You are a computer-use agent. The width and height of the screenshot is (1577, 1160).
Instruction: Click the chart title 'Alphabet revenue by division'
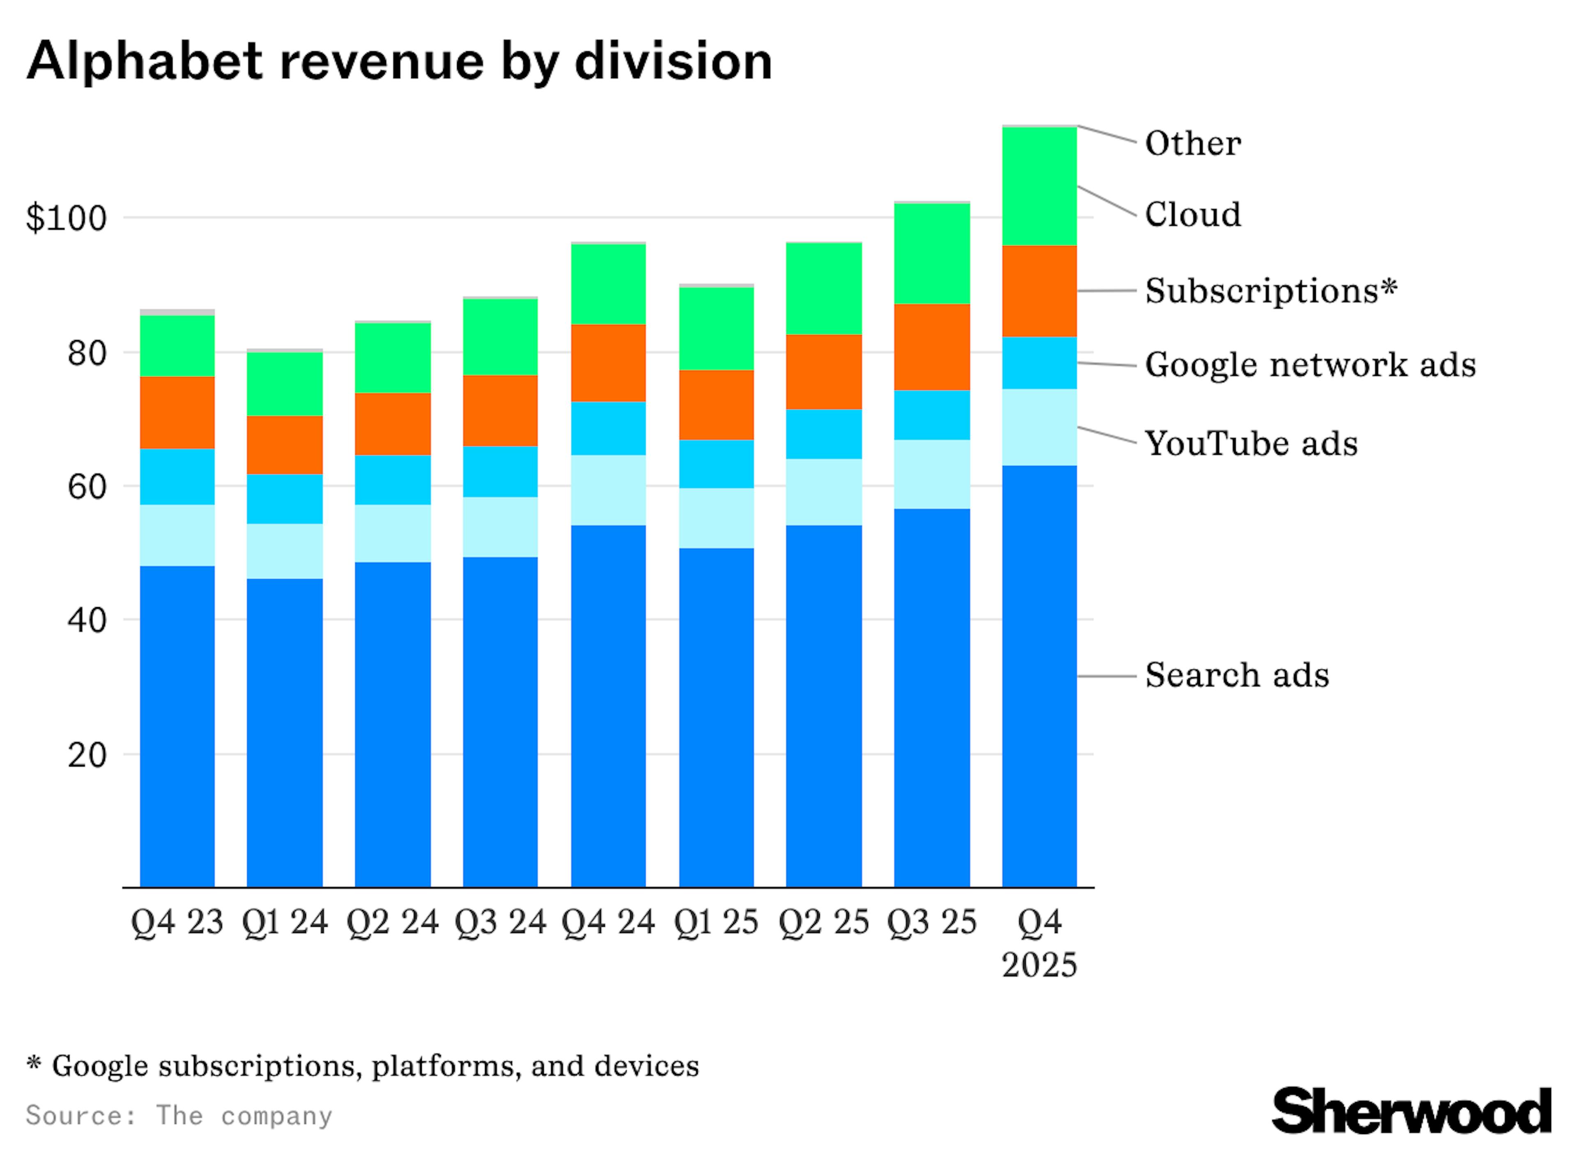click(x=399, y=62)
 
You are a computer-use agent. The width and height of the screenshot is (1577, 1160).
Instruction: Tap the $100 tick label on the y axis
click(x=67, y=219)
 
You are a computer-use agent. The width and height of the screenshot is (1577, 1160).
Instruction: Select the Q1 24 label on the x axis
click(x=285, y=922)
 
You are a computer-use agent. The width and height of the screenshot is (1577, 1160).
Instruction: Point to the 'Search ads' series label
click(x=1237, y=675)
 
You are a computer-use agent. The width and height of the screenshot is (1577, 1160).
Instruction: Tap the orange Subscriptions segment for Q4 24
click(x=609, y=363)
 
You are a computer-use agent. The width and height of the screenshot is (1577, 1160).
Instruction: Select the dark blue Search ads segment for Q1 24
click(x=285, y=732)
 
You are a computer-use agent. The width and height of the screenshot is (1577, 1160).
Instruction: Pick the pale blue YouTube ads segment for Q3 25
click(x=932, y=475)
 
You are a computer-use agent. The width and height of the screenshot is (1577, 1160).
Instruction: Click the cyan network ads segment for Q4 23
click(x=177, y=477)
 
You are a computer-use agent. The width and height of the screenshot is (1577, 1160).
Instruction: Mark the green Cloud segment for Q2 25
click(x=824, y=289)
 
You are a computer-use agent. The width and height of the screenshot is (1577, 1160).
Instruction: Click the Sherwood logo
click(x=1411, y=1110)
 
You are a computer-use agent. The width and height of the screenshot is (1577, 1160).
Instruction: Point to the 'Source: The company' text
click(x=179, y=1115)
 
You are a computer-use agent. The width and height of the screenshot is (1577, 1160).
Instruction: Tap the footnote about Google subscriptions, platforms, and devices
click(x=363, y=1066)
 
